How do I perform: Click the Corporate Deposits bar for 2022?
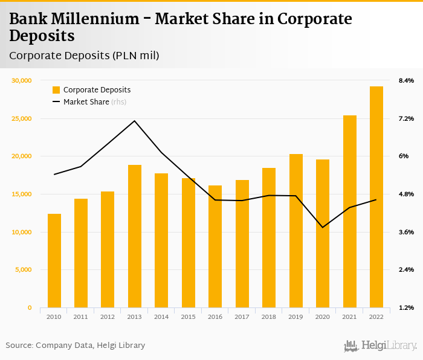376,197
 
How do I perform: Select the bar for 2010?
54,261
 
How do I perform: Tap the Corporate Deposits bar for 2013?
135,236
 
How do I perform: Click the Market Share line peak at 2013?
135,121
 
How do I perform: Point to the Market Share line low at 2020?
323,227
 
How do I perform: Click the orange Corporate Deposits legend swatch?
56,90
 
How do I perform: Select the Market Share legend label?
86,102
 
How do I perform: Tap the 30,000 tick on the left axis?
22,80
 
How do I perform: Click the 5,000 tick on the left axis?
23,270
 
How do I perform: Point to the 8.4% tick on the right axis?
406,80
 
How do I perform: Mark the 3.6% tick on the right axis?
406,232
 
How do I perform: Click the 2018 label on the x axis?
269,317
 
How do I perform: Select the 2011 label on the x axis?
81,317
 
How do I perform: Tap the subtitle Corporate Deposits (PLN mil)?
84,56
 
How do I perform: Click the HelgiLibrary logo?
380,346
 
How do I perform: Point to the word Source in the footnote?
19,346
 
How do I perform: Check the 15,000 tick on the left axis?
22,194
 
